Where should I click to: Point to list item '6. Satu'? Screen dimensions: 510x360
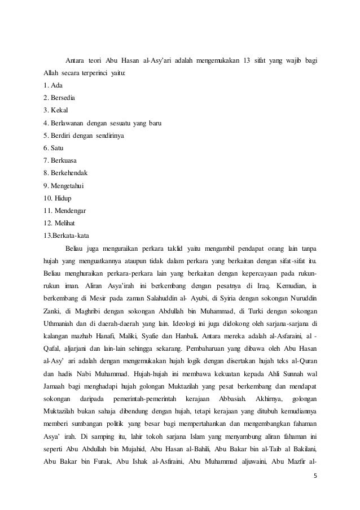pos(54,147)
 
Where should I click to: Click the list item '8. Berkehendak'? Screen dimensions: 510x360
pos(66,172)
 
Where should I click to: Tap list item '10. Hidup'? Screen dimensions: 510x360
pos(59,197)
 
